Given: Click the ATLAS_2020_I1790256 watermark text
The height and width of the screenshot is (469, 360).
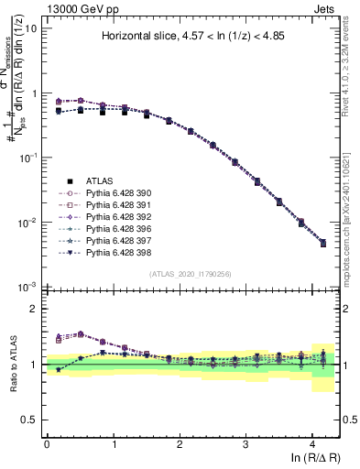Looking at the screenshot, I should [x=191, y=274].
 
